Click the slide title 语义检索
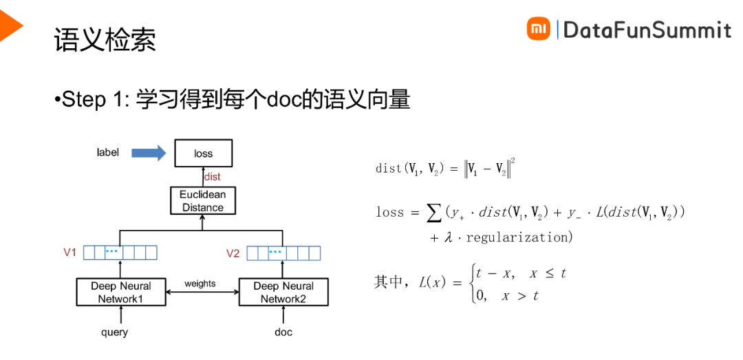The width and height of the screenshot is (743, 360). click(105, 40)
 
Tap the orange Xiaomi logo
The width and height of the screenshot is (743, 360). click(539, 29)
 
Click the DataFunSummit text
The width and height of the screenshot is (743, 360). click(647, 30)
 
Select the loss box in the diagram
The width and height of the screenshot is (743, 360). click(203, 153)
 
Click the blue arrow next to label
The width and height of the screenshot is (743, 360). click(149, 153)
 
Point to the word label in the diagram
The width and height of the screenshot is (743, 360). click(107, 152)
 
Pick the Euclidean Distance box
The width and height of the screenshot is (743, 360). click(203, 200)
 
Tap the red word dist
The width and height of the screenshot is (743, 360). click(213, 177)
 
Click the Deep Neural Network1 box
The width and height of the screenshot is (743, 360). click(121, 292)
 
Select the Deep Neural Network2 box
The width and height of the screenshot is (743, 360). click(283, 292)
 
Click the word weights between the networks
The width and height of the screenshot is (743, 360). click(200, 284)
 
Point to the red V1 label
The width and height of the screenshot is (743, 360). click(69, 253)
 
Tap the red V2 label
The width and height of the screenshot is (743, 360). click(233, 253)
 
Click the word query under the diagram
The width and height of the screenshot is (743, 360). click(114, 332)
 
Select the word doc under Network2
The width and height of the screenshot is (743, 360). click(283, 332)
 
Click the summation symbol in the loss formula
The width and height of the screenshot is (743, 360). click(434, 213)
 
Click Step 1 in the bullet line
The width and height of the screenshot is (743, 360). click(93, 99)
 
